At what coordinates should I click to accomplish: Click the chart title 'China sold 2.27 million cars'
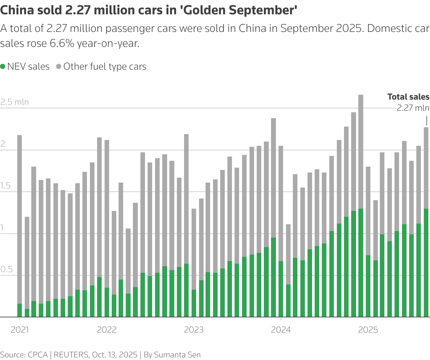point(149,10)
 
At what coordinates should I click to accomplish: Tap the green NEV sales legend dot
point(3,67)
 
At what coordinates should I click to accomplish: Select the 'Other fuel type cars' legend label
point(105,67)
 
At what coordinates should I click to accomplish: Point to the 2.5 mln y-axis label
point(15,102)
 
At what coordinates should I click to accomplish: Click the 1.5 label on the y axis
point(6,186)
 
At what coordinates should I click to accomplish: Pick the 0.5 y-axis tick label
point(7,270)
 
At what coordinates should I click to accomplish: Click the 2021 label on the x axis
point(20,330)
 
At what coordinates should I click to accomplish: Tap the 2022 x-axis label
point(107,330)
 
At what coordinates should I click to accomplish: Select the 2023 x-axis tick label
point(194,330)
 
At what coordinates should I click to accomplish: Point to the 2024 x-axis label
point(281,330)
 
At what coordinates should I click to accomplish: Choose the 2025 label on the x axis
point(368,330)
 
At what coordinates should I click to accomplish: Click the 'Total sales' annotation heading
point(408,97)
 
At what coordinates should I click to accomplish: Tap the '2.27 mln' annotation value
point(413,108)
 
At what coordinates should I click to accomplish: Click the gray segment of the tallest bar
point(361,151)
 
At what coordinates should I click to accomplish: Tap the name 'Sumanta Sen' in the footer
point(177,355)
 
